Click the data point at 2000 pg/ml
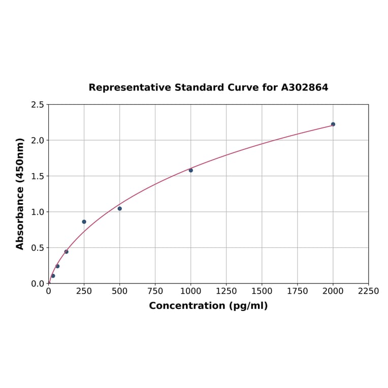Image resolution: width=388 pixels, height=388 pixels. tap(333, 124)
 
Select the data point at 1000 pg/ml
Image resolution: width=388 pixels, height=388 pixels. tap(191, 170)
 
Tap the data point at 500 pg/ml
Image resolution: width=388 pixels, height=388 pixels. tap(120, 208)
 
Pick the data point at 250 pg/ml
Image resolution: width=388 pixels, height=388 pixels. tap(84, 221)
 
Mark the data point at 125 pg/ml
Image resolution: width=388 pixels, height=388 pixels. tap(66, 251)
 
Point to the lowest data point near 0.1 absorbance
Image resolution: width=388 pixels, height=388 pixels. tap(53, 276)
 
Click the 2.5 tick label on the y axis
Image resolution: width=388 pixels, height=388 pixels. tap(38, 105)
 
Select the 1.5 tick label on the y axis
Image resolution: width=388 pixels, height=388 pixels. tap(38, 176)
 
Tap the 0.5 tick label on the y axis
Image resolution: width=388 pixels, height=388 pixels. tap(38, 248)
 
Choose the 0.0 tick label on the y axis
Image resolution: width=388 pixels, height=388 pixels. tap(38, 283)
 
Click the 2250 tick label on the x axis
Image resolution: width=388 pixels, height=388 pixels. tap(368, 292)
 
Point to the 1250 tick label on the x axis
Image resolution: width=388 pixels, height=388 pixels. tap(227, 292)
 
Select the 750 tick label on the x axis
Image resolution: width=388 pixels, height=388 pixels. tap(155, 292)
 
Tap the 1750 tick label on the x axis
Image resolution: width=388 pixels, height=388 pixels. tap(298, 292)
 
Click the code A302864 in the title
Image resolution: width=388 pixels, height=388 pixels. tap(305, 87)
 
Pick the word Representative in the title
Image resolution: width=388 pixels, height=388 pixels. tap(130, 87)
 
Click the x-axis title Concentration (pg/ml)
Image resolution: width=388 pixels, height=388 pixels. tap(208, 306)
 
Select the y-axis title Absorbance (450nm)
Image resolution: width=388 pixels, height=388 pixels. tap(20, 193)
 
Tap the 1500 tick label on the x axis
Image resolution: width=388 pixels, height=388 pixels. tap(262, 292)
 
